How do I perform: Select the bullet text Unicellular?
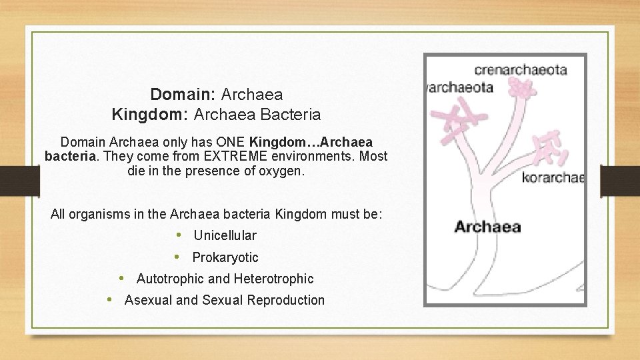click(x=225, y=235)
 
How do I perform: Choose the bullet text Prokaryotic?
click(x=225, y=257)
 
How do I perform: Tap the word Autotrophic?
click(x=169, y=279)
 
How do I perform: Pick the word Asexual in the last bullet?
click(x=148, y=300)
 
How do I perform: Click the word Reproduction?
click(x=285, y=300)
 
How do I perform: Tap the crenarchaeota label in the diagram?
click(x=521, y=69)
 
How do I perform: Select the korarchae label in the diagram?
click(x=553, y=177)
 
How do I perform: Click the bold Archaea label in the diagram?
click(x=487, y=227)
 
